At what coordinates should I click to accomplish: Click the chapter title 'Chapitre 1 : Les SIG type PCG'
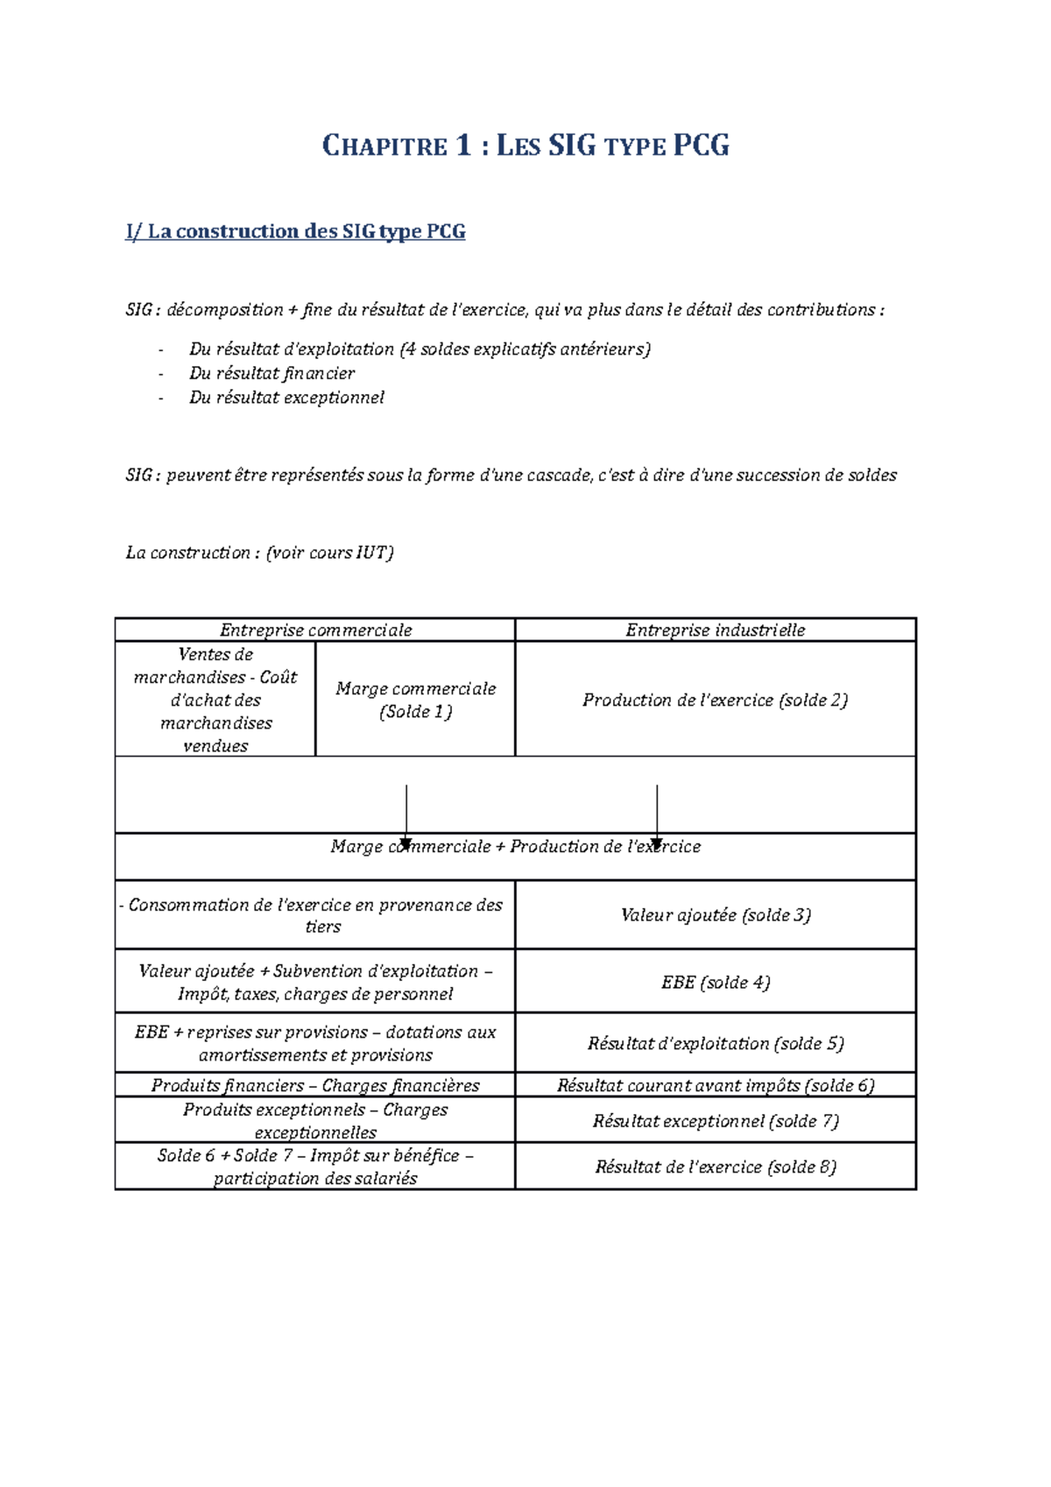click(525, 145)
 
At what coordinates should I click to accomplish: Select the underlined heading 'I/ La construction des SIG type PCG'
click(295, 232)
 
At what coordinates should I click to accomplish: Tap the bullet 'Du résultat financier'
click(272, 373)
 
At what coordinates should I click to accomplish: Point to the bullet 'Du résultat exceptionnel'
click(286, 398)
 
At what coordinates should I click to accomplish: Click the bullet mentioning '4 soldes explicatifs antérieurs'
click(420, 349)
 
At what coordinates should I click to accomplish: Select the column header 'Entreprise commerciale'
click(315, 631)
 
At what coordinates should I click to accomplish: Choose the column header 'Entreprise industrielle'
click(715, 631)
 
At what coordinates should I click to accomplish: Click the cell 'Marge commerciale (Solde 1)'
click(415, 700)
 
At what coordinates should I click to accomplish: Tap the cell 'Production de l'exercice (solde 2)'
click(715, 700)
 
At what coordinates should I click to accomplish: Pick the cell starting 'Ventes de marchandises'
click(215, 700)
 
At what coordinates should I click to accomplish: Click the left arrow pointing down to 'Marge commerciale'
click(406, 814)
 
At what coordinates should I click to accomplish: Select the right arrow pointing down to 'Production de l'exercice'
click(657, 814)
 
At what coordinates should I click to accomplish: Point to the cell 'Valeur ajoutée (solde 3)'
click(715, 915)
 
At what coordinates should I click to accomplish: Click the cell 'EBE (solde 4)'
click(715, 983)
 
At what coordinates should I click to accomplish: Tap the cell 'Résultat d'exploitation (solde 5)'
click(715, 1044)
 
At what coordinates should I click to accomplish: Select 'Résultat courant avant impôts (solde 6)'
click(715, 1086)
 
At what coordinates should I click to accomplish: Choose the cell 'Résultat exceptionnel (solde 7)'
click(715, 1121)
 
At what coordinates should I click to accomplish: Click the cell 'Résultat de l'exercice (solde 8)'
click(715, 1166)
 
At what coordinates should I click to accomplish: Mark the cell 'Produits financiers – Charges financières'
click(315, 1086)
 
